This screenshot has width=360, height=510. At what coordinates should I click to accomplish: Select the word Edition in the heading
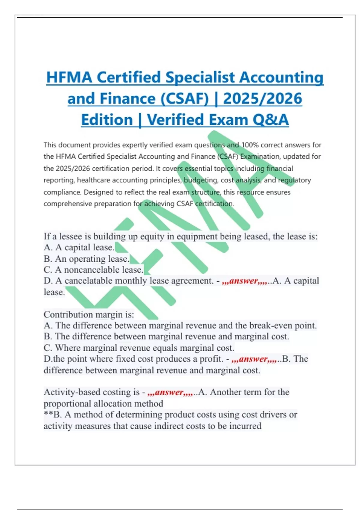107,120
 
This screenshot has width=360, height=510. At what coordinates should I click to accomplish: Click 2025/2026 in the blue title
262,99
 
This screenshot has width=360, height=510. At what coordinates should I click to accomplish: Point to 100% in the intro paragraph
250,145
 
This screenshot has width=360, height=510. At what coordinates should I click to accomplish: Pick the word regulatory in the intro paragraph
294,180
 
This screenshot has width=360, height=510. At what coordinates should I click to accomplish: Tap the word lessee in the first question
70,236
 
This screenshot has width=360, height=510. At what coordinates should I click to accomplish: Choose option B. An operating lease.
86,259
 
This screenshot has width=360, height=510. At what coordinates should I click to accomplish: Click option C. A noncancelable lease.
93,270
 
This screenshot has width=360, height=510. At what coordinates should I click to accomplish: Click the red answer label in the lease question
244,281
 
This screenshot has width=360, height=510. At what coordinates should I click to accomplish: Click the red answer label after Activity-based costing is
170,392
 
